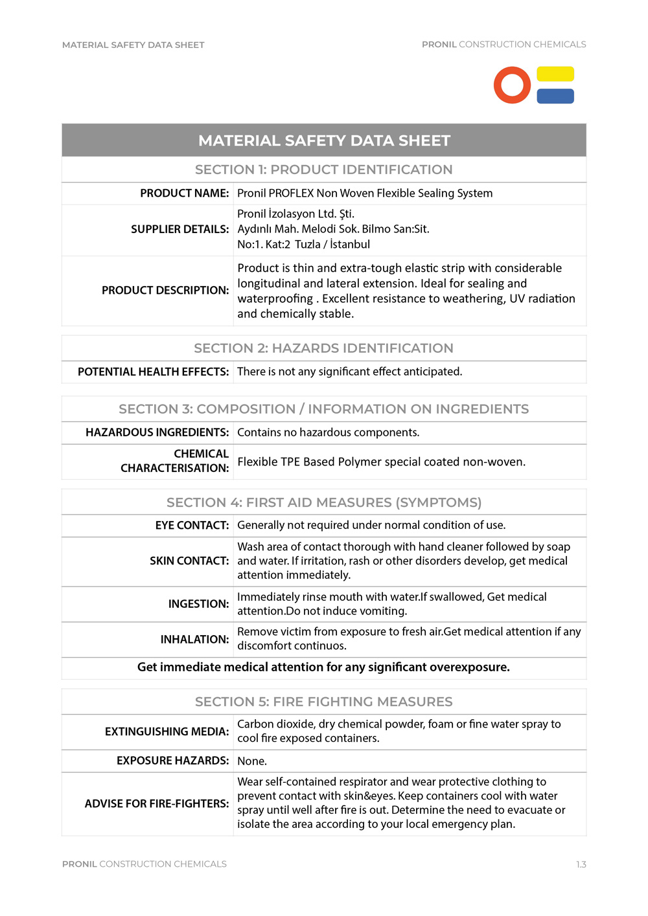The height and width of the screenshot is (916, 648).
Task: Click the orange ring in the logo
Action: point(512,85)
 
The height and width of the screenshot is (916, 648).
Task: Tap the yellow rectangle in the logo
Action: point(555,74)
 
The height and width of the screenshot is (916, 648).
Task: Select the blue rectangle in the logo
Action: point(555,96)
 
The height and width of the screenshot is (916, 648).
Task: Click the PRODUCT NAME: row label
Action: point(184,193)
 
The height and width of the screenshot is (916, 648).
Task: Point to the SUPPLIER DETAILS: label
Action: point(179,229)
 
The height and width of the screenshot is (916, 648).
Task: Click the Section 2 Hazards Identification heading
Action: point(323,348)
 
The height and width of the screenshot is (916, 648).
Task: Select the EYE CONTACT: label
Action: point(192,525)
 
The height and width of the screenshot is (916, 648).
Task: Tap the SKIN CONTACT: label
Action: point(189,561)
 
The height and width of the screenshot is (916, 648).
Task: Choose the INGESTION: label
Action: point(198,604)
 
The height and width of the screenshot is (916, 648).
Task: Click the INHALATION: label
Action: point(194,640)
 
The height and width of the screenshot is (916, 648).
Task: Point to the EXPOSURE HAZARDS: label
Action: point(172,761)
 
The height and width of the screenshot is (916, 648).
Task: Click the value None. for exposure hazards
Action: point(252,761)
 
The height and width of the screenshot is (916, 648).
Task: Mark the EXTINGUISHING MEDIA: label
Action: point(167,732)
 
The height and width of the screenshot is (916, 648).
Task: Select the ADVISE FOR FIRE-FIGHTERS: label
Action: point(156,803)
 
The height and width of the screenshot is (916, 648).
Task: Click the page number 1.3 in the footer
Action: point(581,864)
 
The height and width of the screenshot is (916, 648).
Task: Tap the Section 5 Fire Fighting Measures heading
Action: point(323,702)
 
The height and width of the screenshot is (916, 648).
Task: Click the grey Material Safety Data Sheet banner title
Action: point(324,140)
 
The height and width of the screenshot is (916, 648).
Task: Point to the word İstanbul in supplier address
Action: point(350,245)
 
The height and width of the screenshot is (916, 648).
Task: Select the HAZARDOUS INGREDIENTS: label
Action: point(157,432)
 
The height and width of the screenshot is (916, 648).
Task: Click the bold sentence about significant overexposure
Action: point(323,667)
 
